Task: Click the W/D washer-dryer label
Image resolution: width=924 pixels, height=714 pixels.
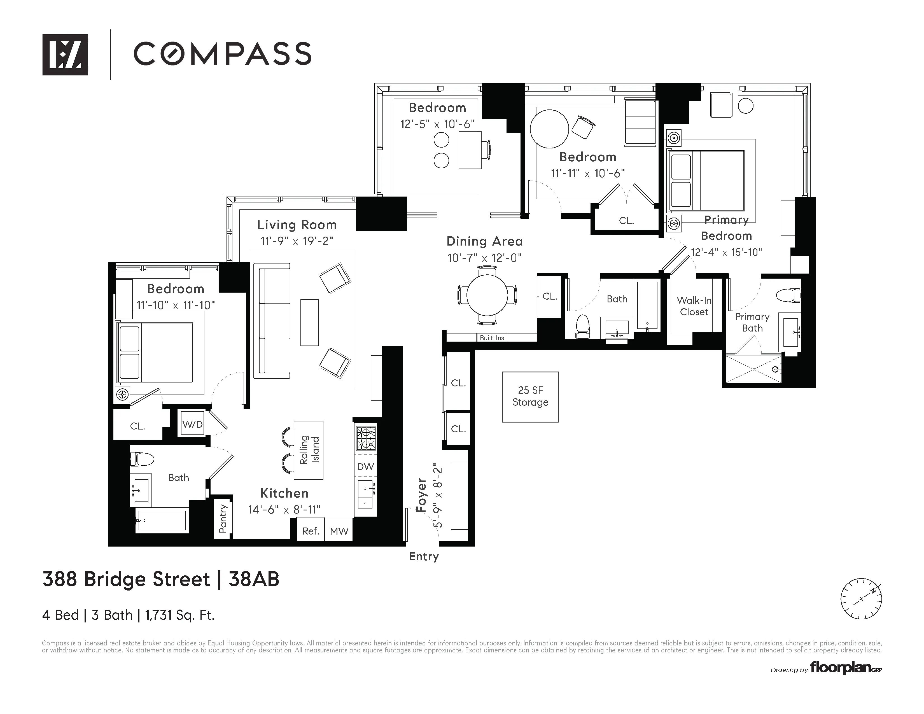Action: [193, 424]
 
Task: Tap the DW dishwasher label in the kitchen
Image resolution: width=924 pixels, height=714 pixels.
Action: [365, 466]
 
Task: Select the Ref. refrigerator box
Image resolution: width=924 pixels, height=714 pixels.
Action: [310, 531]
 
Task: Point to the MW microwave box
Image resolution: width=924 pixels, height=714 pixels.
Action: [339, 531]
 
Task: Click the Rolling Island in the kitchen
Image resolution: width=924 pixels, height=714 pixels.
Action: [309, 450]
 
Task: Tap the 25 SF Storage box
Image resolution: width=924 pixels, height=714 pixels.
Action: [530, 397]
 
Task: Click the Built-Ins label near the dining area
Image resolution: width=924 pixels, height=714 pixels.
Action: [492, 338]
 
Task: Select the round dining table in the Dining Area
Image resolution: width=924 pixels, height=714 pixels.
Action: [487, 295]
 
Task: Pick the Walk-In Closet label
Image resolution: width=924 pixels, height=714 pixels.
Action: [694, 306]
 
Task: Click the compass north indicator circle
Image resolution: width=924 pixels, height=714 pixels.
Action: [861, 599]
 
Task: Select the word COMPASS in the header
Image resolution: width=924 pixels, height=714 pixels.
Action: [223, 54]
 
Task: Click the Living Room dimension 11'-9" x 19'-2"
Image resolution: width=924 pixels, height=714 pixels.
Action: [297, 241]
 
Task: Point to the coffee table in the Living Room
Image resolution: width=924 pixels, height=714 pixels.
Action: [309, 322]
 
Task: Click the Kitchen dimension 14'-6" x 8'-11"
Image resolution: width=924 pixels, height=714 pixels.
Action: [284, 509]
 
